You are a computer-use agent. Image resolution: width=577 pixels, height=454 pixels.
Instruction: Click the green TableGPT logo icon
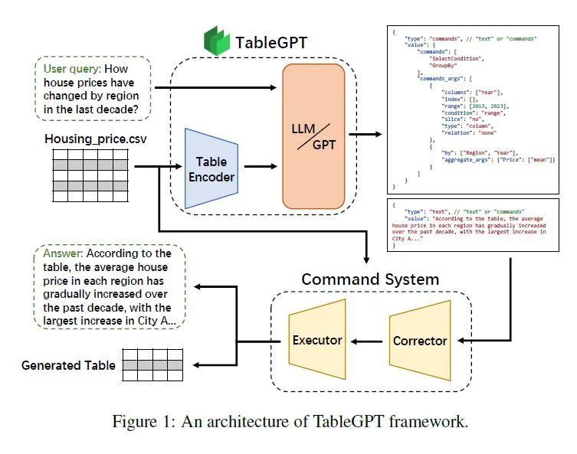point(217,41)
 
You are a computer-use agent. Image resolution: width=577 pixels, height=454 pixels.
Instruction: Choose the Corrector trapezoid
point(420,341)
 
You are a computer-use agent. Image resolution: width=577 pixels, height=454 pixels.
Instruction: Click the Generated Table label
point(68,365)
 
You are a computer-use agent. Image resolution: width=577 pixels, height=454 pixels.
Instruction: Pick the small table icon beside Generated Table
point(152,365)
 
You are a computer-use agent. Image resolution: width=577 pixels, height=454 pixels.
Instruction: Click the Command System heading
point(370,279)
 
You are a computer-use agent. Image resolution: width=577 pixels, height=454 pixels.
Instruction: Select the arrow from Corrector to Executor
point(367,341)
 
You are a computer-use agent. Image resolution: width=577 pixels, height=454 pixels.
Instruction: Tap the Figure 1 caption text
point(290,422)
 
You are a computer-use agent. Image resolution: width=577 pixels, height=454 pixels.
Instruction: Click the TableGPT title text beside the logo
point(270,42)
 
